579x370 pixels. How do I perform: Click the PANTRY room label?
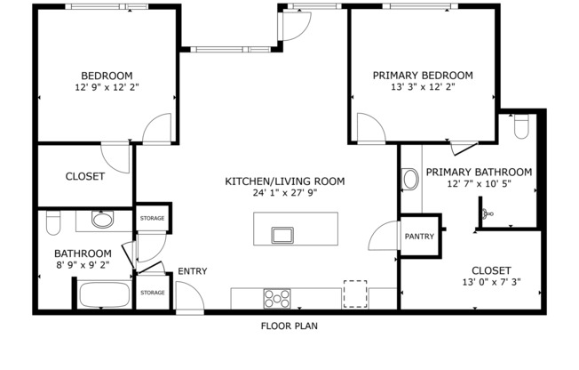418,237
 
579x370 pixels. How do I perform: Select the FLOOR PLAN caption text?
289,326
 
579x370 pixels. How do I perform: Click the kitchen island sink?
283,235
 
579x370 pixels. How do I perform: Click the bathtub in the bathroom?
106,294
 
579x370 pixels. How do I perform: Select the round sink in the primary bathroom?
410,180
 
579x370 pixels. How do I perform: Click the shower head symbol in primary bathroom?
487,213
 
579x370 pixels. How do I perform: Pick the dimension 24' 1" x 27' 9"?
284,192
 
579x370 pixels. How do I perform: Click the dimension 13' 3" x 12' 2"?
423,87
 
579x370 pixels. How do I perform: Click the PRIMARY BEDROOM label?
423,76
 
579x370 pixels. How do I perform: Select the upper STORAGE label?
152,218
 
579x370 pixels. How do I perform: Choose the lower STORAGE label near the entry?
152,293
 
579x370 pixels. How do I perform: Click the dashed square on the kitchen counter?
355,294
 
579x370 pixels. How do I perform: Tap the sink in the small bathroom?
103,219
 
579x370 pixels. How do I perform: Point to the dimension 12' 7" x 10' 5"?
479,184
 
